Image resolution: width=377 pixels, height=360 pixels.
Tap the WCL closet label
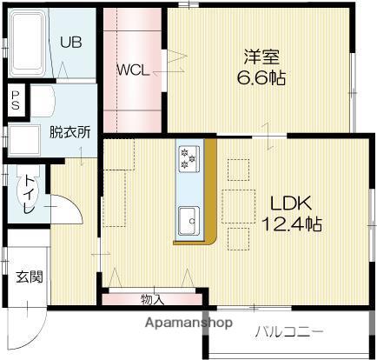click(x=135, y=68)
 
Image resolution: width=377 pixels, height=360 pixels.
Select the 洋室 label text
click(x=261, y=57)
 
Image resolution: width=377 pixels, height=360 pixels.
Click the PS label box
click(x=16, y=98)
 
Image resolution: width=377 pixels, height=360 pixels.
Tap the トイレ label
click(x=29, y=197)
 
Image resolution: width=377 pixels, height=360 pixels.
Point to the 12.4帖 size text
click(x=292, y=224)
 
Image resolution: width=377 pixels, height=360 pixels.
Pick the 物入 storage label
click(x=152, y=300)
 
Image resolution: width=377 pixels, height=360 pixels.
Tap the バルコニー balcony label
click(x=289, y=331)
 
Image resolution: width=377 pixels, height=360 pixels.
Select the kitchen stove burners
click(x=188, y=157)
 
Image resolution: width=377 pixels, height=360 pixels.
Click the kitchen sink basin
click(x=187, y=217)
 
